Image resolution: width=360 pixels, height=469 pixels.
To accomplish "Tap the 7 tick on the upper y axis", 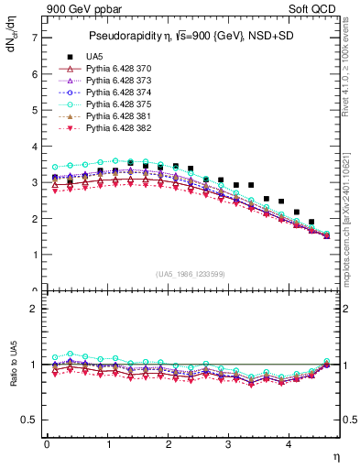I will tap(34, 38).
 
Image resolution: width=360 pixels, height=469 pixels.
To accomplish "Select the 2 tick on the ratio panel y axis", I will tap(34, 310).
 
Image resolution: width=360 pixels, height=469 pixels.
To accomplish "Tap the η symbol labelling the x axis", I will tap(334, 457).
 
